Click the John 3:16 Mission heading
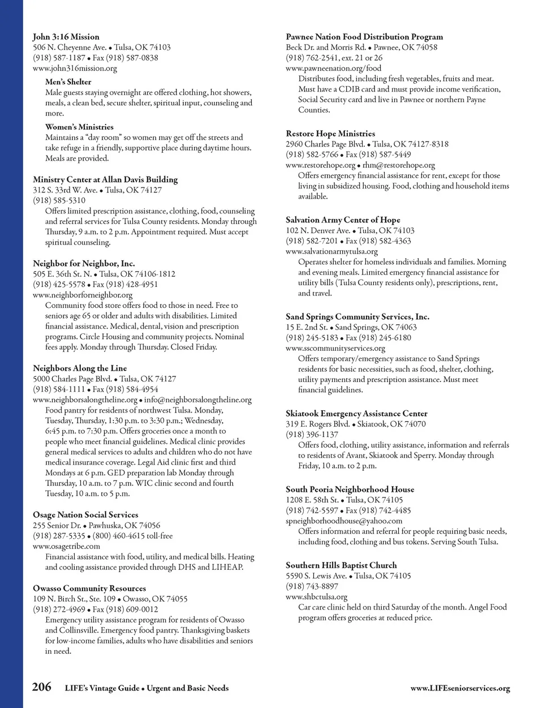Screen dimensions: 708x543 point(66,37)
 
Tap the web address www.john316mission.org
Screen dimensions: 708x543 point(75,68)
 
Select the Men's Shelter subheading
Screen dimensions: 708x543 point(68,82)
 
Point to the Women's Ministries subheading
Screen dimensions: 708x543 point(79,127)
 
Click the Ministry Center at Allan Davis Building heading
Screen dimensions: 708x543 point(105,179)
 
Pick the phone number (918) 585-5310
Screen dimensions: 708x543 point(59,200)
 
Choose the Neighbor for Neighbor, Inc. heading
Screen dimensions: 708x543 point(84,263)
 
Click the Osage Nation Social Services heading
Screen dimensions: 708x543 point(85,514)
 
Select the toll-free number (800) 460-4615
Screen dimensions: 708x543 point(119,536)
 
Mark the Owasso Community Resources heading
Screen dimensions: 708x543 point(89,588)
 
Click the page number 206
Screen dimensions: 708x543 point(41,687)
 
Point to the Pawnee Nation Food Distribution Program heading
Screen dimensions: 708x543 point(364,37)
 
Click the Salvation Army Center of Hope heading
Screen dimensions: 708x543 point(343,220)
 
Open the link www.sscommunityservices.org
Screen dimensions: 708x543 point(335,348)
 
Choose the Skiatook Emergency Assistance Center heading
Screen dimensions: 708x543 point(356,414)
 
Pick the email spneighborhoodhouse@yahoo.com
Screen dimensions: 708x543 point(344,521)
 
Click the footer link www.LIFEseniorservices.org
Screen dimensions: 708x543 point(460,689)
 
